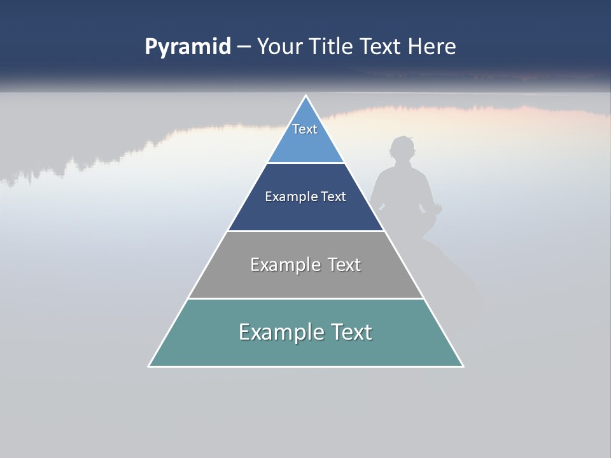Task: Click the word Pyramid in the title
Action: click(x=187, y=47)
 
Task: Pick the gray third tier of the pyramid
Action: click(x=305, y=280)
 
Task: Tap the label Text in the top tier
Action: click(x=305, y=129)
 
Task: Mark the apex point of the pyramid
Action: click(x=306, y=96)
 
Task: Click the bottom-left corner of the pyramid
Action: click(x=149, y=366)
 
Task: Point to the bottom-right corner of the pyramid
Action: click(x=463, y=366)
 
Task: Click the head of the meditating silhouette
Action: click(x=402, y=150)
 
